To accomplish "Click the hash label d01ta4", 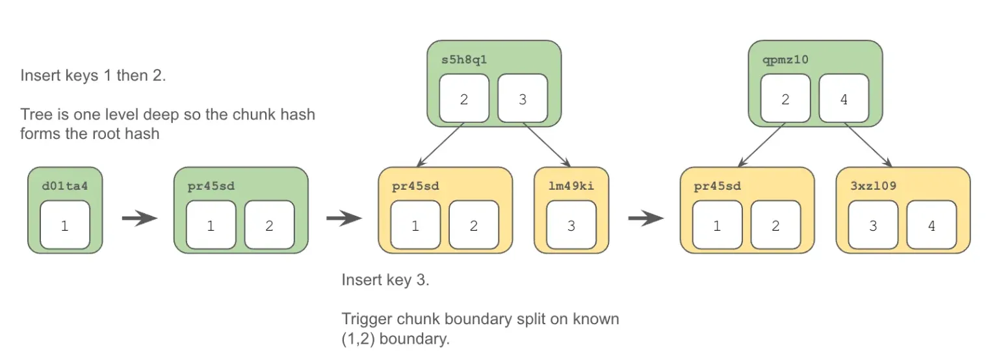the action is (65, 186).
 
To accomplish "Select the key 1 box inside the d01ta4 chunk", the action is (65, 225).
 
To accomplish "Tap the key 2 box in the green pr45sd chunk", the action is (270, 225).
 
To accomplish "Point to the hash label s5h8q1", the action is (464, 60).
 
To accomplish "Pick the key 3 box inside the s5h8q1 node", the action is (523, 98).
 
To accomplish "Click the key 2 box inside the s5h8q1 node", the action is (464, 98).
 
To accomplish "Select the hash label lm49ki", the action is (571, 186).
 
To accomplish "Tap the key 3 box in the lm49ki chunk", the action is (571, 225).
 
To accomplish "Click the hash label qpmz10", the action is (786, 60).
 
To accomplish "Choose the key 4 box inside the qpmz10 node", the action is (844, 98).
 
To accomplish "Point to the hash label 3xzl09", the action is (874, 186).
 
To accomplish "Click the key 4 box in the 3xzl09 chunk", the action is (931, 225).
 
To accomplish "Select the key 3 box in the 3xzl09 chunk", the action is (874, 225).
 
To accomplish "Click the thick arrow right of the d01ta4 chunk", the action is (139, 218).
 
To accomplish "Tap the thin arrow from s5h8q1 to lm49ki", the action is (547, 145).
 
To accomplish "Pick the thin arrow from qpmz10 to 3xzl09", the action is (868, 145).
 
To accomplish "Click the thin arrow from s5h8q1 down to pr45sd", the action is (440, 145).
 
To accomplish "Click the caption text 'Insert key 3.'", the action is (385, 279).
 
